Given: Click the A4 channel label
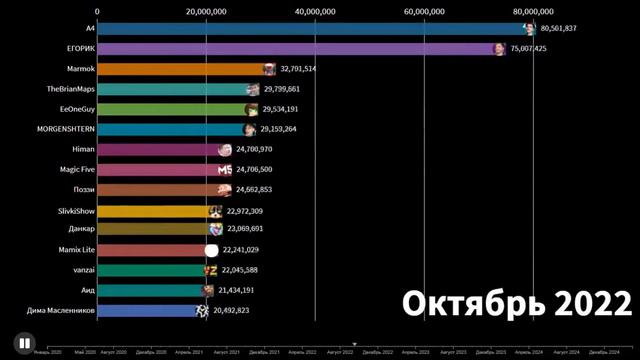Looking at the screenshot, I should [x=90, y=28].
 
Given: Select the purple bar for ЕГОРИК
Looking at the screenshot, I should [x=300, y=48].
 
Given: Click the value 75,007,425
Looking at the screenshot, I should [x=534, y=48].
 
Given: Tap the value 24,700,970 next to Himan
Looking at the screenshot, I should [x=261, y=149].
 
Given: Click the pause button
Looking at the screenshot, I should [x=23, y=342].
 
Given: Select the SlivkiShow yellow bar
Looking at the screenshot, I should [x=155, y=211].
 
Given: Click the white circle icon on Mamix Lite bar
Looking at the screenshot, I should [x=211, y=250].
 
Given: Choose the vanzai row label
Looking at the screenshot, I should [x=82, y=270].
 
